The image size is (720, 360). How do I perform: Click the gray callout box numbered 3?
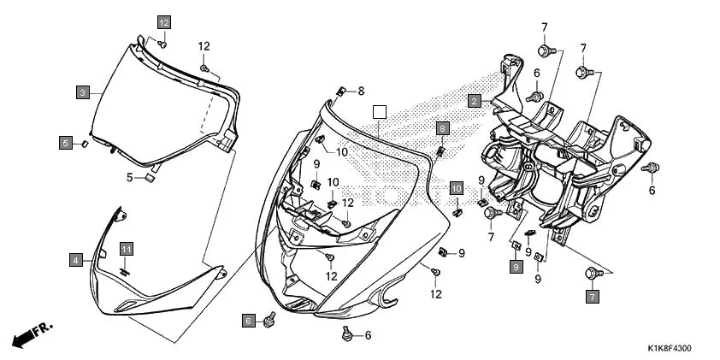pos(83,92)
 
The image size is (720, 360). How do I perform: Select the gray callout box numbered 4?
pos(76,259)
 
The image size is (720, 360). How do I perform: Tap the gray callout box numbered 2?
pos(473,101)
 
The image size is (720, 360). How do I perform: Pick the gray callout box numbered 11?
pos(127,249)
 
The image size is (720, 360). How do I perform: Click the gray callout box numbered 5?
pos(66,143)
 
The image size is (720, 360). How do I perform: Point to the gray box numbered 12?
pos(163,22)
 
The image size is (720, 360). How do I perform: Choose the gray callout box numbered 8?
pos(442,128)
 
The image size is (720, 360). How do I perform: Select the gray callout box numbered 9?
pos(516,268)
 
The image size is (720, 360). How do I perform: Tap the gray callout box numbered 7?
pos(592,297)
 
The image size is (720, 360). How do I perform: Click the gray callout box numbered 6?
pos(249,321)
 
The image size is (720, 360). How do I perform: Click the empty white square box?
pos(381,111)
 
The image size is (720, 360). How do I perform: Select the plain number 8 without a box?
pos(361,91)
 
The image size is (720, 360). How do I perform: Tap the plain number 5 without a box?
pos(130,178)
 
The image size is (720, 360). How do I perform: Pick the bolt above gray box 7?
pos(591,274)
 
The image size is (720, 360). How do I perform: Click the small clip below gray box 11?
pos(125,270)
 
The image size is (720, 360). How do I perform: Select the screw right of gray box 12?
pos(163,42)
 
